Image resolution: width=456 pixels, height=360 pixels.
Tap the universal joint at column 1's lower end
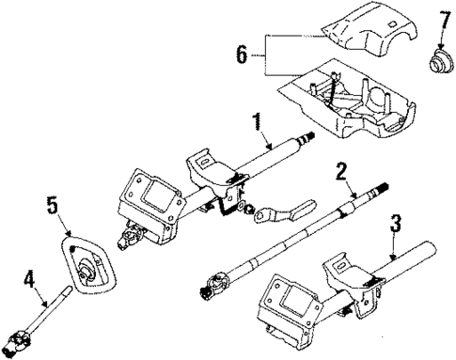pyautogui.click(x=128, y=241)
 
